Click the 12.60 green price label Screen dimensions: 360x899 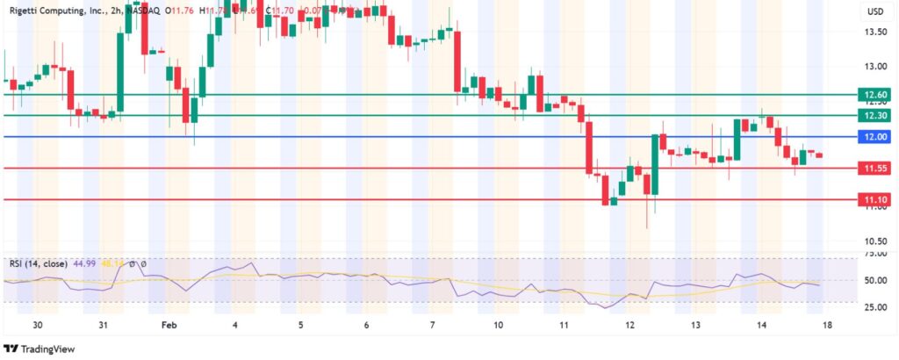pos(875,94)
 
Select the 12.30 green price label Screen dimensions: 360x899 pos(875,115)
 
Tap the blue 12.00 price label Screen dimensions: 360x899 pos(875,137)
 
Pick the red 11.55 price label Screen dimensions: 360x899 pos(875,168)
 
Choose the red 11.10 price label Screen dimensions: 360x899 pos(875,200)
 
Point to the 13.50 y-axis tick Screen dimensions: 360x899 pos(875,32)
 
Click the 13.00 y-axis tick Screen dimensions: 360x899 pos(875,67)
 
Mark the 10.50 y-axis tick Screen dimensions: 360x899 pos(875,241)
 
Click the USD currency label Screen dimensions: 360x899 pos(875,11)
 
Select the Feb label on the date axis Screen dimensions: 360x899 pos(169,324)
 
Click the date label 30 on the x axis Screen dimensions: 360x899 pos(38,324)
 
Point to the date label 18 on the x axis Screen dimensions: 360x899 pos(826,324)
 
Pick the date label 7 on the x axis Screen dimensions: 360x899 pos(432,324)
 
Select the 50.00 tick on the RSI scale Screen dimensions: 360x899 pos(875,280)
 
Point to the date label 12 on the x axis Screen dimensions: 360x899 pos(629,324)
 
